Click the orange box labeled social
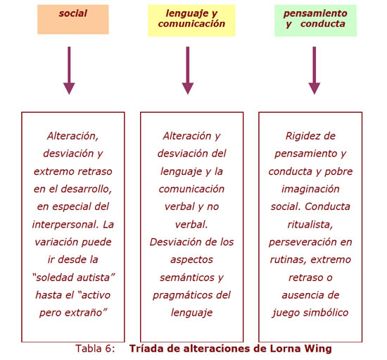tap(73, 19)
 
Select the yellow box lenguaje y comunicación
tap(191, 20)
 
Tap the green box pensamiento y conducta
tap(315, 20)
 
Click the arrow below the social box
tap(69, 70)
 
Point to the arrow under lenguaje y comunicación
tap(188, 70)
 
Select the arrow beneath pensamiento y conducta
tap(315, 70)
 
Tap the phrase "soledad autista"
tap(73, 278)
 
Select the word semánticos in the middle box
tap(187, 278)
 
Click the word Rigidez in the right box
tap(300, 136)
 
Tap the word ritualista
tap(310, 225)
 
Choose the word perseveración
tap(303, 242)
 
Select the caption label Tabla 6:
tap(95, 349)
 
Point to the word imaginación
tap(310, 190)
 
